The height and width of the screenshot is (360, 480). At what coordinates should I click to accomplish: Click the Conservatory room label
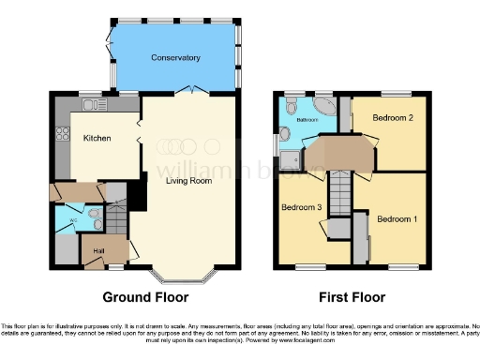[176, 58]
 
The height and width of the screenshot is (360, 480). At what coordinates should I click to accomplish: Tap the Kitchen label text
[97, 139]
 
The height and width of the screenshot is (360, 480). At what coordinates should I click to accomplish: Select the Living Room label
[189, 181]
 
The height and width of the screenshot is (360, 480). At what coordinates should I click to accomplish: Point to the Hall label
[98, 250]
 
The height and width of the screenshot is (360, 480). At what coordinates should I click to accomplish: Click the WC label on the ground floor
[73, 222]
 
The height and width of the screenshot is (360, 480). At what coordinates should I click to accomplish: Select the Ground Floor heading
[145, 297]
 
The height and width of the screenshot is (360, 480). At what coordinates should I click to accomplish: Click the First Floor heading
[351, 297]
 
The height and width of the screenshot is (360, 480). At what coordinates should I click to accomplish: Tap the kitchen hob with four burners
[63, 137]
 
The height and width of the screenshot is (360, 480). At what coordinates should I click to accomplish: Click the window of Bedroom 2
[393, 94]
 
